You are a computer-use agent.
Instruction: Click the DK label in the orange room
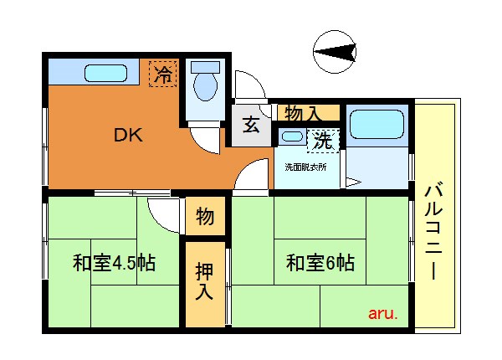click(128, 135)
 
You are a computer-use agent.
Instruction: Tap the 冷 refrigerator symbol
click(163, 74)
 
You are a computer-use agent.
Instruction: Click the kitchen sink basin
click(105, 74)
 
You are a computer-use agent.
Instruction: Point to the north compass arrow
click(335, 52)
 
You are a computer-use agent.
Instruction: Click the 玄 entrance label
click(251, 126)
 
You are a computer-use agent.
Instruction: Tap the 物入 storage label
click(302, 113)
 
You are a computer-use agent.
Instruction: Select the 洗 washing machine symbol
click(323, 141)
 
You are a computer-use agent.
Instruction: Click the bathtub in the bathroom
click(376, 124)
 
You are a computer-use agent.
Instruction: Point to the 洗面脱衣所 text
click(305, 167)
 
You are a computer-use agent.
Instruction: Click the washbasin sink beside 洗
click(292, 136)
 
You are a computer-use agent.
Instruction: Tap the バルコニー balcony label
click(433, 231)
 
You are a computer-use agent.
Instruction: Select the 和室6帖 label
click(320, 263)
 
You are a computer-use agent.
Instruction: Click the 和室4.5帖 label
click(114, 263)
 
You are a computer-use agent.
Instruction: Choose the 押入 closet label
click(204, 281)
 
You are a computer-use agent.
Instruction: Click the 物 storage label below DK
click(205, 217)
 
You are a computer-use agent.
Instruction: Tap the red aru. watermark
click(383, 314)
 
